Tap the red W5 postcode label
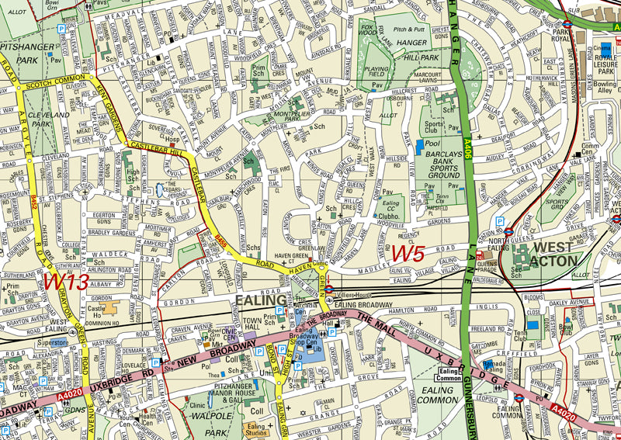point(408,254)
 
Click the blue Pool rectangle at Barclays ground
point(420,145)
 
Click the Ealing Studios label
point(256,429)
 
